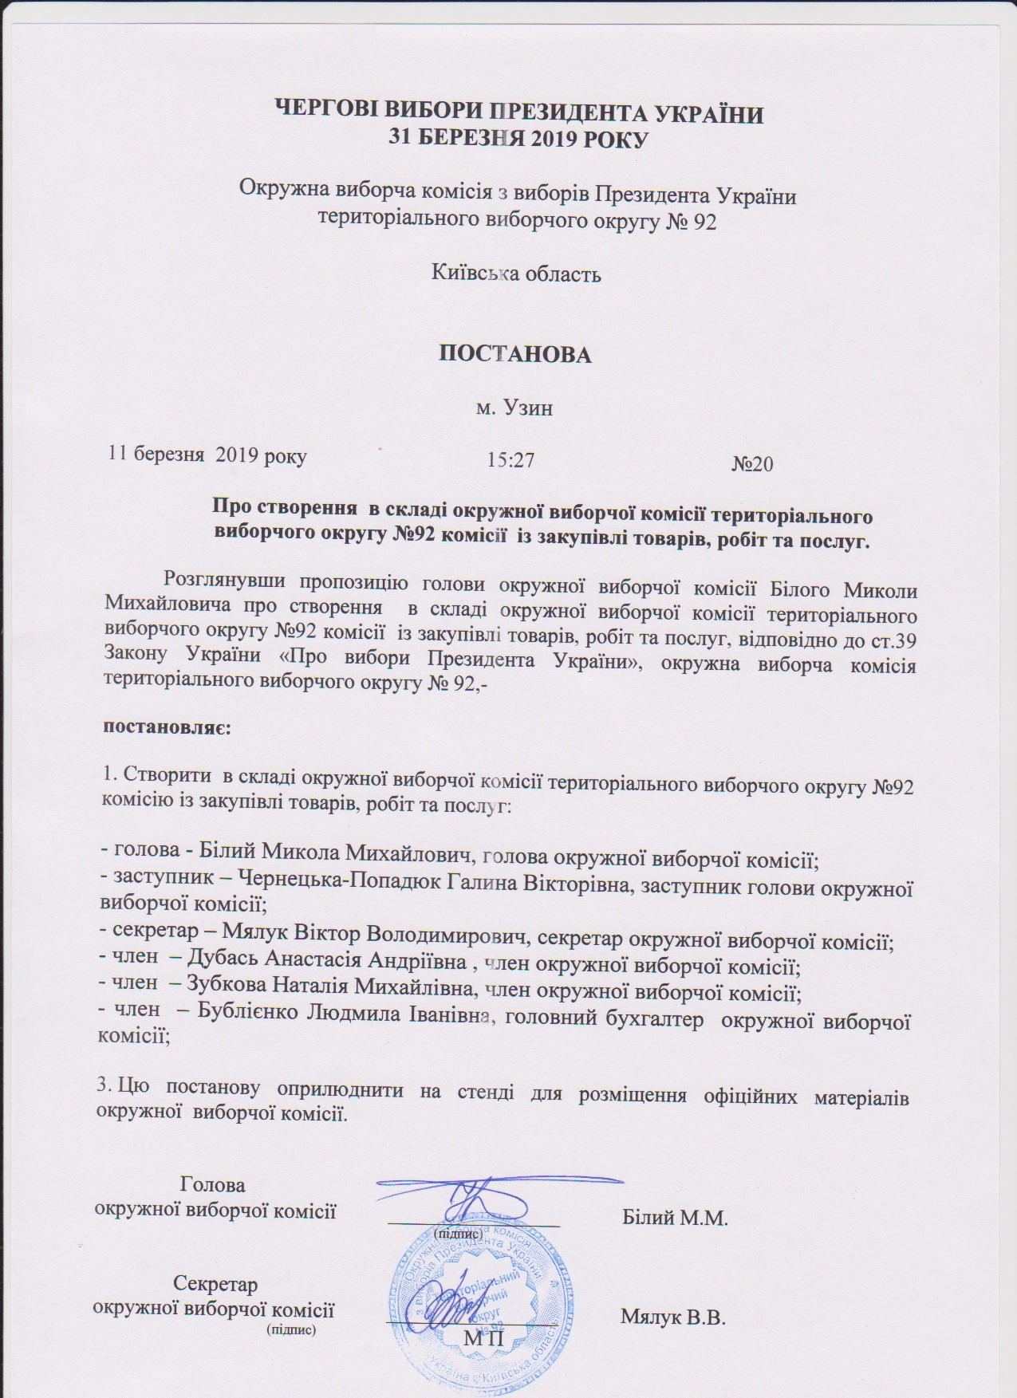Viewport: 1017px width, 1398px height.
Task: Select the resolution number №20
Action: pos(752,463)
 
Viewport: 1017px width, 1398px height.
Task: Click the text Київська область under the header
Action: pos(516,274)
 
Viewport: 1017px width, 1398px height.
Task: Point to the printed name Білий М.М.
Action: pos(675,1218)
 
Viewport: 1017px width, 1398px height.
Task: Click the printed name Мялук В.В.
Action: pos(672,1317)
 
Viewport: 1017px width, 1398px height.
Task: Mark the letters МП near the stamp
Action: pos(484,1336)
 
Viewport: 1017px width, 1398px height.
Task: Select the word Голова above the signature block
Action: pos(213,1184)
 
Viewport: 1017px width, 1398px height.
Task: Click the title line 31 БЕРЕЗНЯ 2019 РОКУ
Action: pos(518,137)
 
